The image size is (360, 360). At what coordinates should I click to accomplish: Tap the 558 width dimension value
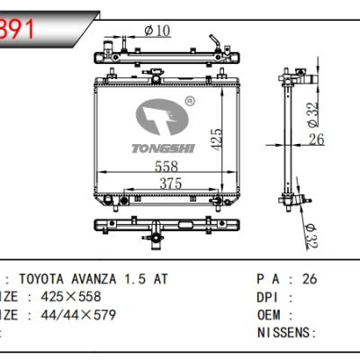point(165,166)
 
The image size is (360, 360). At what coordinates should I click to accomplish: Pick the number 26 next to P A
point(310,279)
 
